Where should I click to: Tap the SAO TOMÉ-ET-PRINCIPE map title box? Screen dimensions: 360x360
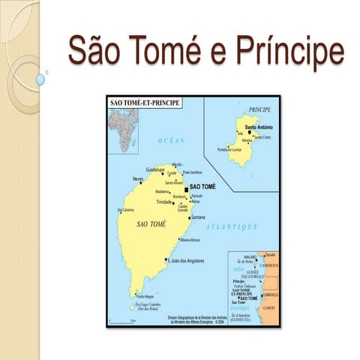point(145,102)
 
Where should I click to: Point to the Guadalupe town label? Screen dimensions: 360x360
point(155,169)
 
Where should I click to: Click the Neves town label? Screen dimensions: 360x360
point(137,179)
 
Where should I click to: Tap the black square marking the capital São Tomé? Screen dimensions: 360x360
point(186,190)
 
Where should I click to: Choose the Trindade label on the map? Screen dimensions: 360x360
point(164,202)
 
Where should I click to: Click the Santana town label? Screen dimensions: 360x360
point(198,217)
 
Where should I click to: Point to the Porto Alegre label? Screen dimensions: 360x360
point(145,295)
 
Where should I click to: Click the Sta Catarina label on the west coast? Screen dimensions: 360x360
point(124,210)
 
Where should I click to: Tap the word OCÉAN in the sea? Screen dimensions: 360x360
point(171,140)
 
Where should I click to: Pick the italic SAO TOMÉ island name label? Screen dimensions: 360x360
point(151,224)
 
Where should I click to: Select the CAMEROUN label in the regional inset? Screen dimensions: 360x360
point(269,266)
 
